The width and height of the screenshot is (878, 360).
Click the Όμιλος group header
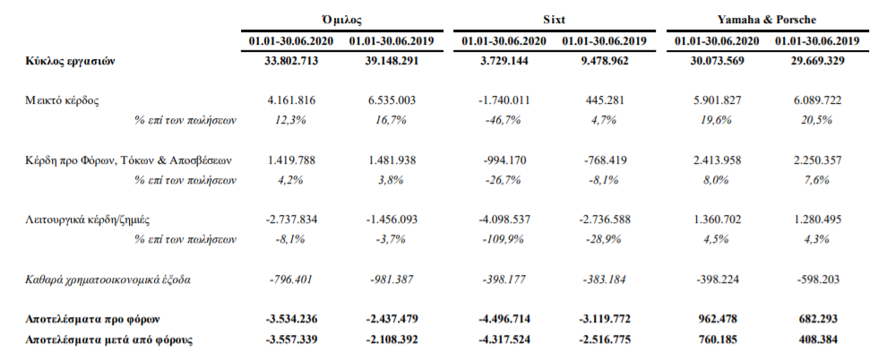click(341, 21)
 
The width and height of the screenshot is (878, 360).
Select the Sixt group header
click(554, 21)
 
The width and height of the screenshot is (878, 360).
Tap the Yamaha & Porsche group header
click(767, 21)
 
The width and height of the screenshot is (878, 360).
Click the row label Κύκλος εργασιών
click(70, 62)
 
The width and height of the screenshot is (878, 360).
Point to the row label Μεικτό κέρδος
click(62, 101)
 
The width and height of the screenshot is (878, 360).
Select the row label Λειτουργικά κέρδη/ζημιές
click(88, 220)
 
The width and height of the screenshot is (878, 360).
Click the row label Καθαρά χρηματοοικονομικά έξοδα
click(108, 279)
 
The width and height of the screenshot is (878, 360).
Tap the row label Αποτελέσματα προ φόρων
click(92, 319)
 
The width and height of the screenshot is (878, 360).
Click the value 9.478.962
click(604, 61)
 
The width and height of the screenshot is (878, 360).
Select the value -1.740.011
click(504, 101)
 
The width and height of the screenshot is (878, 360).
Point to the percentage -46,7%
click(504, 120)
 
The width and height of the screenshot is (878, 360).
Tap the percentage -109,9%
click(504, 240)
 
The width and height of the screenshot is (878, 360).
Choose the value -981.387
click(392, 279)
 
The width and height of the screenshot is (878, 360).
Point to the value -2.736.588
click(604, 220)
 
